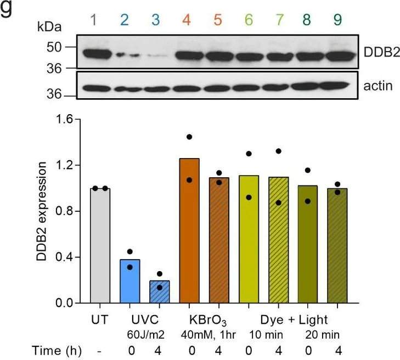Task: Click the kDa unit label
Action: click(50, 26)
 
